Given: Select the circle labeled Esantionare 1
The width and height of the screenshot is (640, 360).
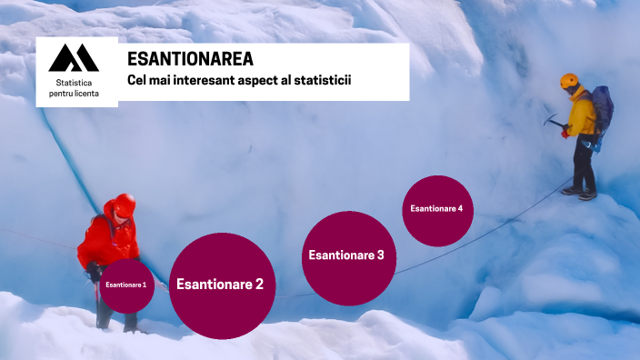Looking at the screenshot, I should coord(126,285).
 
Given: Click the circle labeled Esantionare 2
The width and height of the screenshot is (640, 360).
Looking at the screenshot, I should coord(221,285).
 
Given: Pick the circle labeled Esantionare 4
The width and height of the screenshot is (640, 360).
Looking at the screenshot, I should coord(436,209).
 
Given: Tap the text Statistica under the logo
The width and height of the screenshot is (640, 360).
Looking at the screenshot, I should coord(74,83).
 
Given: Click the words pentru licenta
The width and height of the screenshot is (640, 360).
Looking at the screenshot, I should coord(74,94).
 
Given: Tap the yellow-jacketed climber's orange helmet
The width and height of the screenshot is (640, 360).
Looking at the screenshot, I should coord(570,81).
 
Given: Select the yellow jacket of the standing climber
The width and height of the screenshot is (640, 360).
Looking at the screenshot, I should coord(583,113).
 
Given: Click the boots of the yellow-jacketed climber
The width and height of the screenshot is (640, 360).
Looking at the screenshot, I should coord(579,192).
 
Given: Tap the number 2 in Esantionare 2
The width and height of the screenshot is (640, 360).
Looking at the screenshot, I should coord(258,285).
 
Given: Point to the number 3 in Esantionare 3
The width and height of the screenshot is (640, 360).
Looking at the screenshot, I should coord(379,255).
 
